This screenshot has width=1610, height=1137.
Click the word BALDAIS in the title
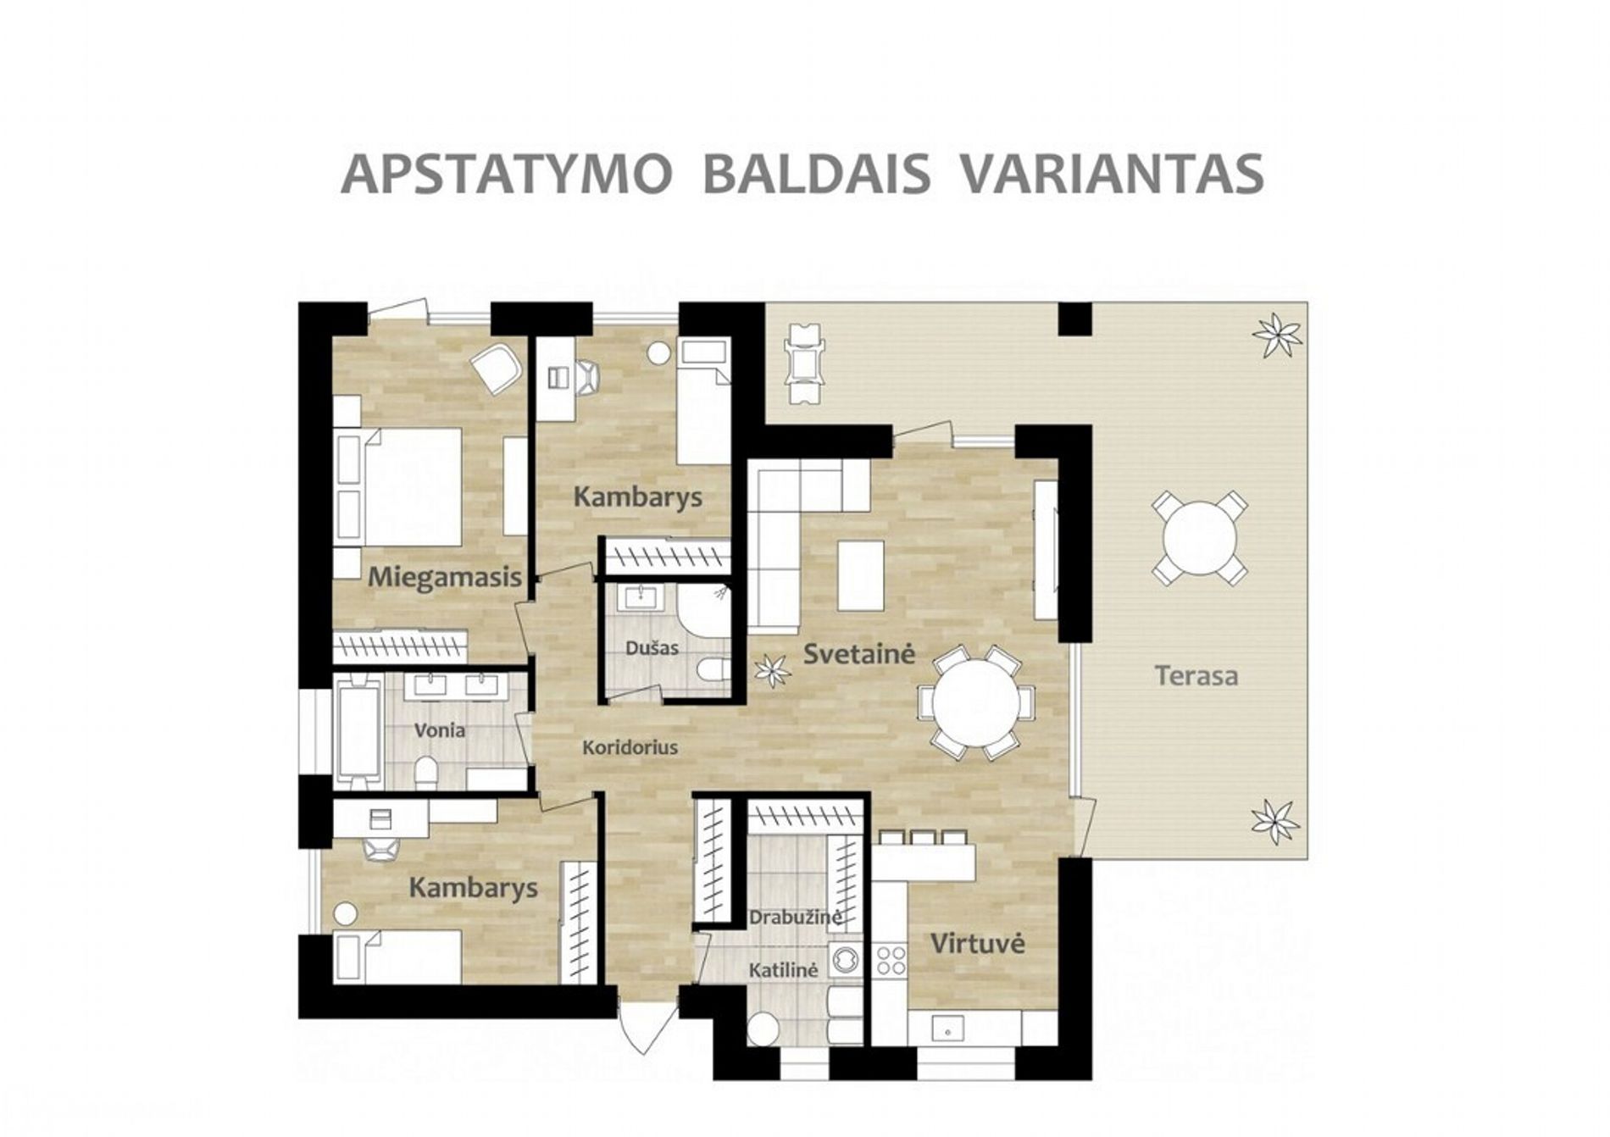pyautogui.click(x=817, y=174)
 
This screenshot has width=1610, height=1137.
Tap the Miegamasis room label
pyautogui.click(x=445, y=578)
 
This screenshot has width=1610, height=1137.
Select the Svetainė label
pyautogui.click(x=859, y=654)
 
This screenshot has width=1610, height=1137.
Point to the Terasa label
pyautogui.click(x=1196, y=676)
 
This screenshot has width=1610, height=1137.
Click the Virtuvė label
pyautogui.click(x=978, y=943)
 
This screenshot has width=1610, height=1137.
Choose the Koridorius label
pyautogui.click(x=630, y=747)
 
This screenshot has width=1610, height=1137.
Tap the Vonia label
pyautogui.click(x=440, y=729)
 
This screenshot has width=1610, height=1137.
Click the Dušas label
pyautogui.click(x=652, y=648)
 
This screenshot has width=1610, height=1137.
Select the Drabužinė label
pyautogui.click(x=795, y=918)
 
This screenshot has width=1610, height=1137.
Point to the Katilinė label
pyautogui.click(x=783, y=970)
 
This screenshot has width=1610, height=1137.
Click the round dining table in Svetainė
pyautogui.click(x=976, y=702)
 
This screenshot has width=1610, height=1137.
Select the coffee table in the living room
pyautogui.click(x=860, y=575)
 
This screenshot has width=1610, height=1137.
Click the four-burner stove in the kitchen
pyautogui.click(x=891, y=960)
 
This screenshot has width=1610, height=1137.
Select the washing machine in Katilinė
pyautogui.click(x=845, y=959)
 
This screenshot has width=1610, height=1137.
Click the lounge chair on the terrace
pyautogui.click(x=804, y=363)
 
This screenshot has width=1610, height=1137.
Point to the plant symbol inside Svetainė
pyautogui.click(x=772, y=670)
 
